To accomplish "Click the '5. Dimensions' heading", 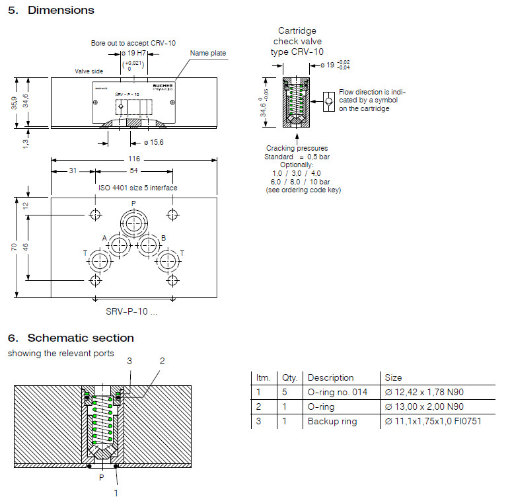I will pyautogui.click(x=51, y=11).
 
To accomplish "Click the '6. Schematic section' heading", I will pyautogui.click(x=71, y=338).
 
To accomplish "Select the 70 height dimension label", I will pyautogui.click(x=13, y=247).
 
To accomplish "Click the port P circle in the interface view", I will pyautogui.click(x=134, y=221).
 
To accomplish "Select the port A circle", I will pyautogui.click(x=120, y=246).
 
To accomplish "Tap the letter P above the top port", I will pyautogui.click(x=133, y=204).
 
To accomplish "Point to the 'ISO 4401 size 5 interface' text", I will pyautogui.click(x=138, y=188).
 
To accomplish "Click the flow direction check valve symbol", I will pyautogui.click(x=329, y=102).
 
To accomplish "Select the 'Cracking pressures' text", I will pyautogui.click(x=297, y=148).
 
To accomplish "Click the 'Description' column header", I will pyautogui.click(x=330, y=378).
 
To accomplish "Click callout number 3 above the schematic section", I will pyautogui.click(x=129, y=361).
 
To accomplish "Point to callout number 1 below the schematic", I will pyautogui.click(x=116, y=492).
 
